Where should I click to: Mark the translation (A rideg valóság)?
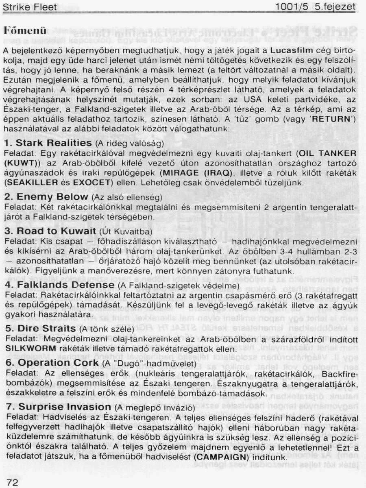[x=129, y=144]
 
